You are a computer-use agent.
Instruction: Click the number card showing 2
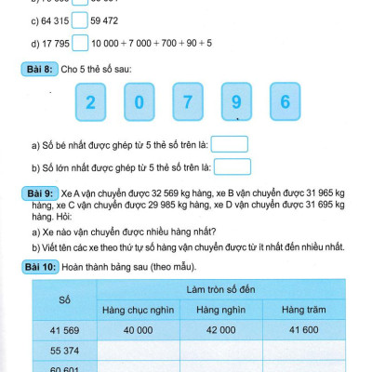coord(90,102)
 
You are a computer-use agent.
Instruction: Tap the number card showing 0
coord(139,102)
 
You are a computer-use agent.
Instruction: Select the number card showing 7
coord(188,102)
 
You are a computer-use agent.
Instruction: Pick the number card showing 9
coord(237,102)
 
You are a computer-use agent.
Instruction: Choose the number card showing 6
coord(286,102)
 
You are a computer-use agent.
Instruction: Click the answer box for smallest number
coord(235,144)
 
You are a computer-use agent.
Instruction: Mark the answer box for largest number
coord(238,166)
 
